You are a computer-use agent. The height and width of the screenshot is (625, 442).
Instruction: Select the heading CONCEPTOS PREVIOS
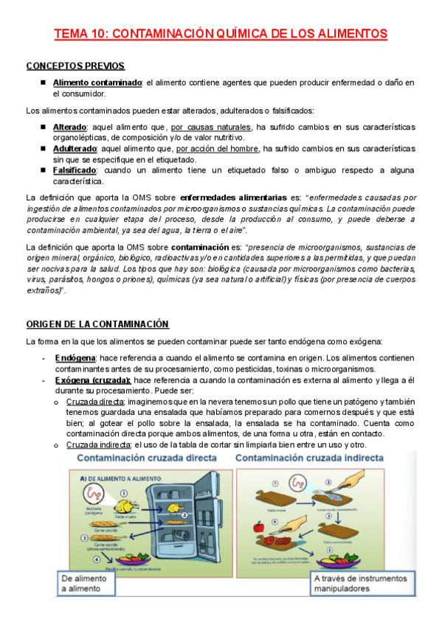pyautogui.click(x=75, y=66)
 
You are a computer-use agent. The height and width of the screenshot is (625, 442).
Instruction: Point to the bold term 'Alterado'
pyautogui.click(x=69, y=127)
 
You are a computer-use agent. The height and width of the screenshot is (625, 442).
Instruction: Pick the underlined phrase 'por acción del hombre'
pyautogui.click(x=218, y=148)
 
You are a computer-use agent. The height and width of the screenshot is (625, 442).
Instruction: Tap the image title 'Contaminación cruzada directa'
pyautogui.click(x=147, y=458)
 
